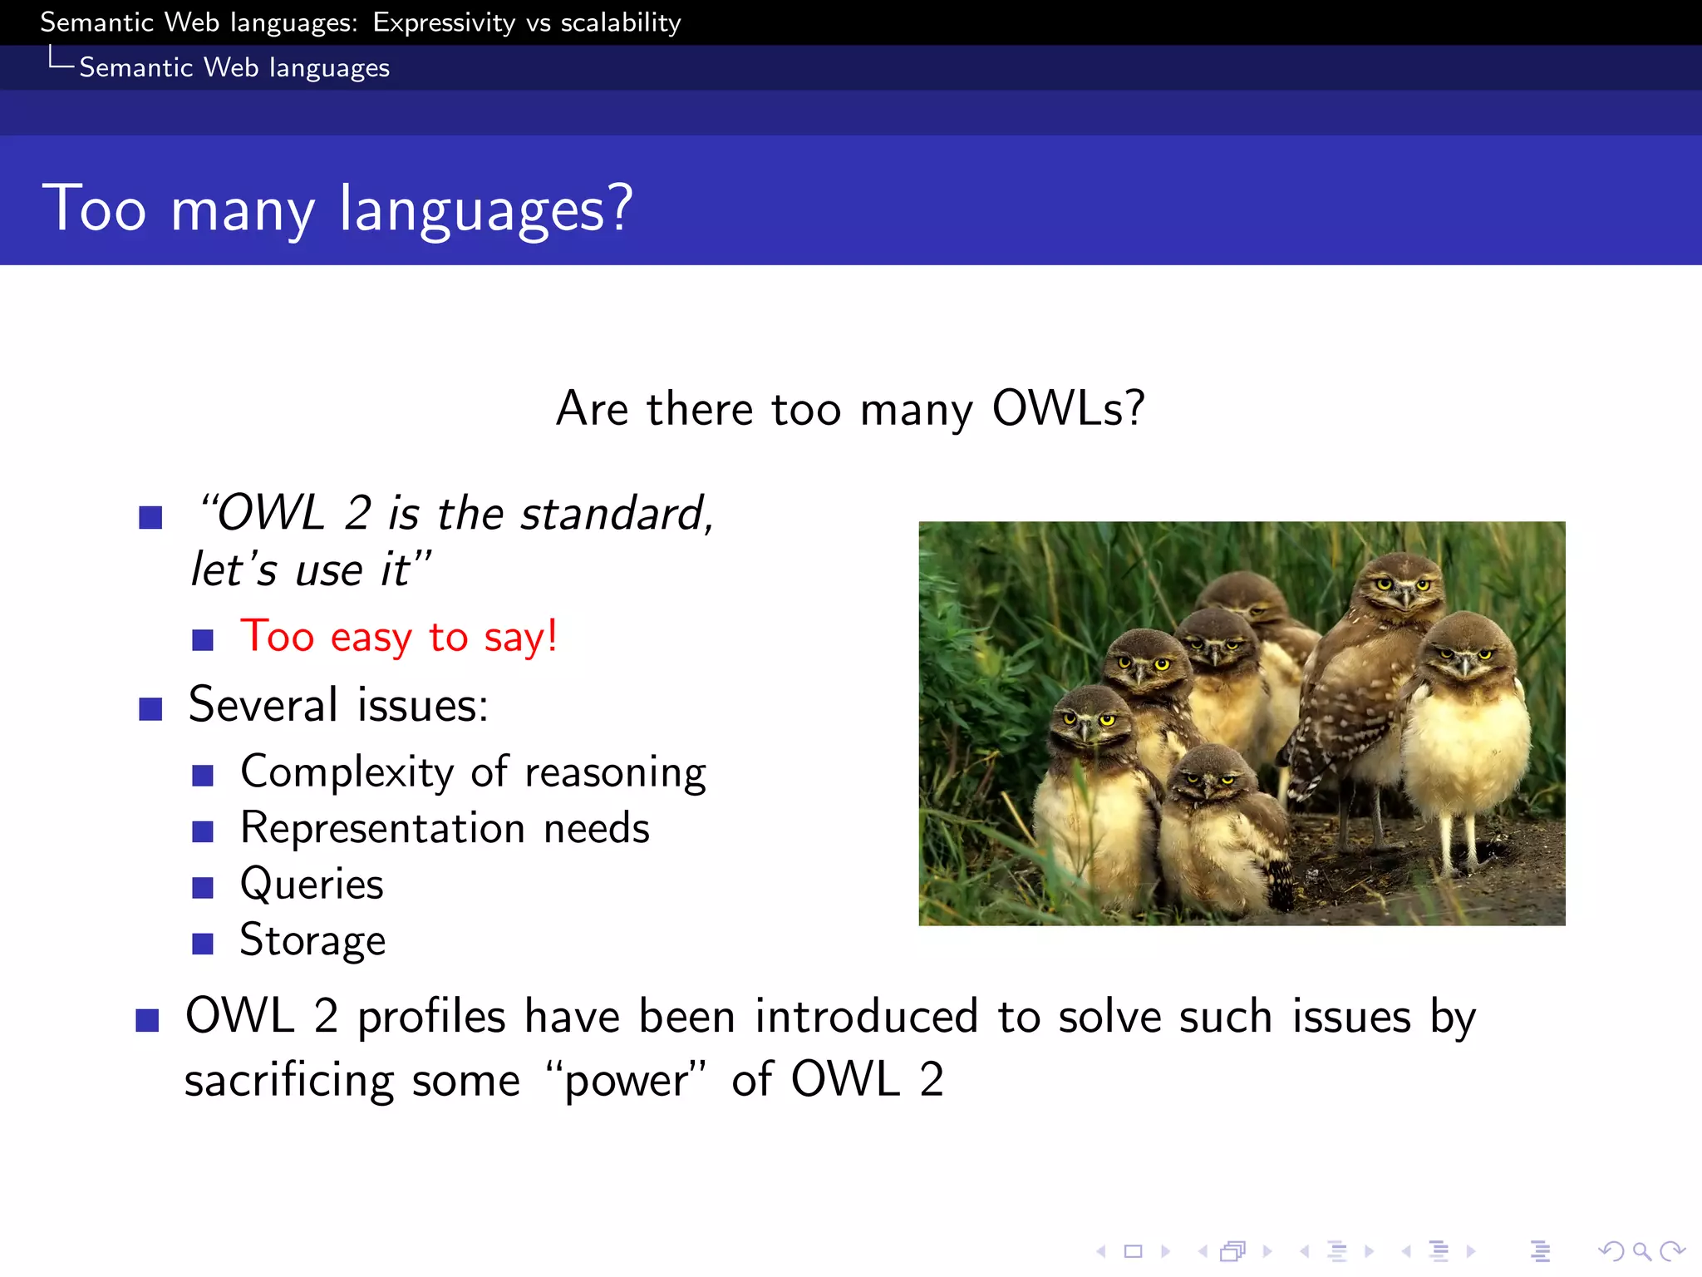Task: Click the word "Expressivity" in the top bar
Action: point(444,23)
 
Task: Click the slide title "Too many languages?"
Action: point(337,208)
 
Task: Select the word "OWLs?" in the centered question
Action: point(1069,408)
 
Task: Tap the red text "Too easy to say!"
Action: point(398,637)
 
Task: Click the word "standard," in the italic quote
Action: point(617,513)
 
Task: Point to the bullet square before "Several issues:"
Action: point(150,709)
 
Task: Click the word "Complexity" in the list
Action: point(347,772)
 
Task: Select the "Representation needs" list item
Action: point(445,829)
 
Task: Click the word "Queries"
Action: point(312,884)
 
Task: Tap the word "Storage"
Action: point(312,940)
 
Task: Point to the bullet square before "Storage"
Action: point(203,944)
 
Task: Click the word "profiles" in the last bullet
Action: point(431,1017)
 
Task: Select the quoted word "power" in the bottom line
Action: point(626,1080)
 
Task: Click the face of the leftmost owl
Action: point(1088,721)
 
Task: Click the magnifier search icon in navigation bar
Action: point(1641,1250)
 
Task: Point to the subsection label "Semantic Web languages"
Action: point(234,67)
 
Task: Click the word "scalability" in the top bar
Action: point(620,23)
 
